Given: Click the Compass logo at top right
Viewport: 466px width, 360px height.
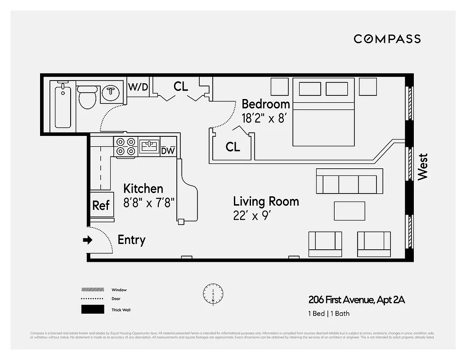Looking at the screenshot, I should point(387,39).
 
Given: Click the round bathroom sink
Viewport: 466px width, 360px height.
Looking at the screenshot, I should point(111,93).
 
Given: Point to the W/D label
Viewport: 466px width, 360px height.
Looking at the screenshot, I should point(138,87).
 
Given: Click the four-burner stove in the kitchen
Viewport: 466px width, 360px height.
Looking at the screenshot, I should point(125,147).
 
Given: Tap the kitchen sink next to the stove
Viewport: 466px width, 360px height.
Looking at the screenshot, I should point(149,146).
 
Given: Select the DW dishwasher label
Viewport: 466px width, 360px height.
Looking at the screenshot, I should point(168,151).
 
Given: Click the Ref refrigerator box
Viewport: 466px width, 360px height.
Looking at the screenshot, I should point(101,205).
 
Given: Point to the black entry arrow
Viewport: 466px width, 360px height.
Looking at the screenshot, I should point(87,240).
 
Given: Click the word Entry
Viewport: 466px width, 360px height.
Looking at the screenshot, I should point(131,240).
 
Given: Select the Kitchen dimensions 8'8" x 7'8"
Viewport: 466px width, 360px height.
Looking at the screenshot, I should point(149,202).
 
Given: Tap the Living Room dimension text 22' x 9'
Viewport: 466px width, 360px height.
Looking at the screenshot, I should point(252,215).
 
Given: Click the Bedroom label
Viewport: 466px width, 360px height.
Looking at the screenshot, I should point(265,104).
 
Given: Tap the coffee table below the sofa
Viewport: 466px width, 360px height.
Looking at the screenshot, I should point(349,211).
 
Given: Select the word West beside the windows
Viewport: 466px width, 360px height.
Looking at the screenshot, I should point(423,166).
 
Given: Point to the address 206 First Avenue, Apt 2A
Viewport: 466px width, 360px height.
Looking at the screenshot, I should point(356,300).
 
